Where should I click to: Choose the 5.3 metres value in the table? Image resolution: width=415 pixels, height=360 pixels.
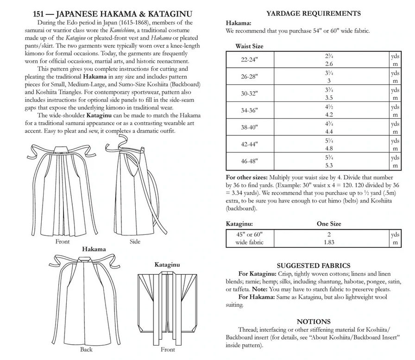[329, 165]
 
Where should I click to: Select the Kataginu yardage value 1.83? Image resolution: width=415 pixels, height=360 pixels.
[329, 242]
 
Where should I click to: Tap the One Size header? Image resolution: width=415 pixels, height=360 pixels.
[329, 224]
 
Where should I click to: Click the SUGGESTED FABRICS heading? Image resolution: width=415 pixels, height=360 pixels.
[313, 265]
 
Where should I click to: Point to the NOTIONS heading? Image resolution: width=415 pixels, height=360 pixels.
[314, 322]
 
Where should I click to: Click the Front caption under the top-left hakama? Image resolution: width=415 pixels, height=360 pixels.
[63, 242]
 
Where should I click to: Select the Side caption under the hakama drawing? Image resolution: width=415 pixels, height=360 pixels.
[135, 242]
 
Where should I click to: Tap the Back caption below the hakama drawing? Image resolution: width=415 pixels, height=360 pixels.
[87, 349]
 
